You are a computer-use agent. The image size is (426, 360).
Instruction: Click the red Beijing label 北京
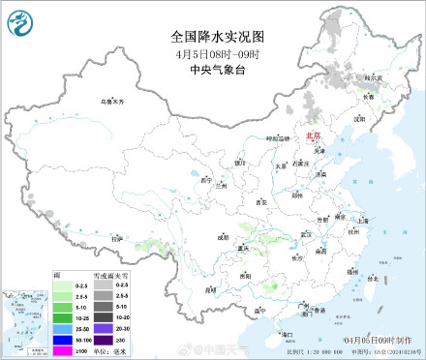pos(312,137)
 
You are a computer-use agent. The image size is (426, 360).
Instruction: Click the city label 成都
pos(224,236)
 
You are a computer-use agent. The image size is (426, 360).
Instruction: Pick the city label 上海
pos(362,221)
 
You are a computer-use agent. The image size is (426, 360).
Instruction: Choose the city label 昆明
pos(210,287)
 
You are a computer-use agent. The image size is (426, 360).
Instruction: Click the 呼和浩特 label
pos(278,139)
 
